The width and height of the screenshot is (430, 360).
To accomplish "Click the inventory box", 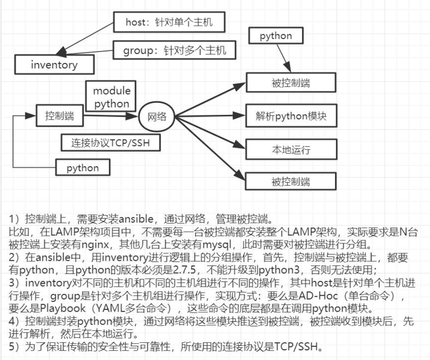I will [x=54, y=65].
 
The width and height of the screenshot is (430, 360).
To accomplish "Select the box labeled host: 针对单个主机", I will [x=169, y=22].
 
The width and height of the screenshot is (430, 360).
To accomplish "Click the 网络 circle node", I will [x=157, y=117].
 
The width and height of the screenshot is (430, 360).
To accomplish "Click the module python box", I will [x=112, y=98].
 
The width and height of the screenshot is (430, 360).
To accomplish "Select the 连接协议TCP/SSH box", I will [x=110, y=143].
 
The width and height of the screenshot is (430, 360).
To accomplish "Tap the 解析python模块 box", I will [x=291, y=116].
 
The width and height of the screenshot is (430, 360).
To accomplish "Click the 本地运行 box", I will [x=291, y=149].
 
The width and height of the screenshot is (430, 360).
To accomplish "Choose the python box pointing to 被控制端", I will [x=276, y=36].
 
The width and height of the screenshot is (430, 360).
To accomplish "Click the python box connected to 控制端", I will [x=83, y=168].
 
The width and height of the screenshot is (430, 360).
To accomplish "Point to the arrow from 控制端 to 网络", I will [x=111, y=116].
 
